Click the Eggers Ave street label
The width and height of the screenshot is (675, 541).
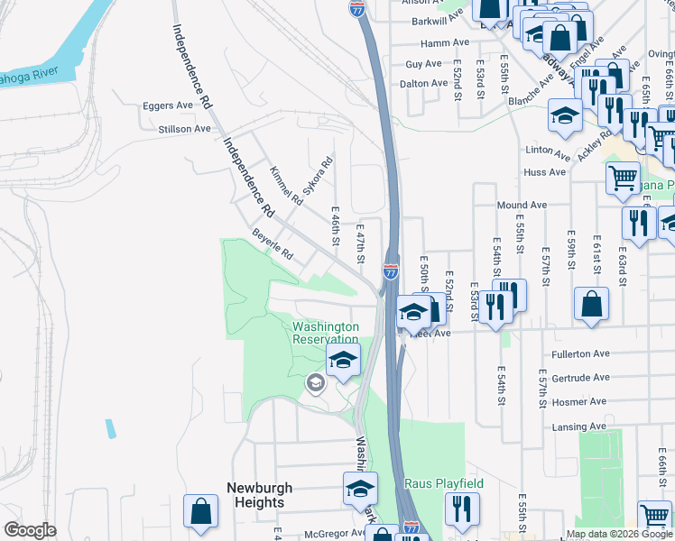168,105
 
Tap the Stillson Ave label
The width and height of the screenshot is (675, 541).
184,129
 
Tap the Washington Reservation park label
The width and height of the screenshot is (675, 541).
326,333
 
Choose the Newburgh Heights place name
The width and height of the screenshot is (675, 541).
255,495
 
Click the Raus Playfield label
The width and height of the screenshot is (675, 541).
443,484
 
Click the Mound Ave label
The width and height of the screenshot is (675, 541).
522,206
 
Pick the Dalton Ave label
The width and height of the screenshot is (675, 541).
424,83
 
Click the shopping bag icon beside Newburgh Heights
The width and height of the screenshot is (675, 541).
200,511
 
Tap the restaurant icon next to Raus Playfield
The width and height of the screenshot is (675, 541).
461,509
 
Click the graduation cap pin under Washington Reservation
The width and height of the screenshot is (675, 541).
342,361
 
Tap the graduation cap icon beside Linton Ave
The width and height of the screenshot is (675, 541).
565,115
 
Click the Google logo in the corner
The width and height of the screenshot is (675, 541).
30,530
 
